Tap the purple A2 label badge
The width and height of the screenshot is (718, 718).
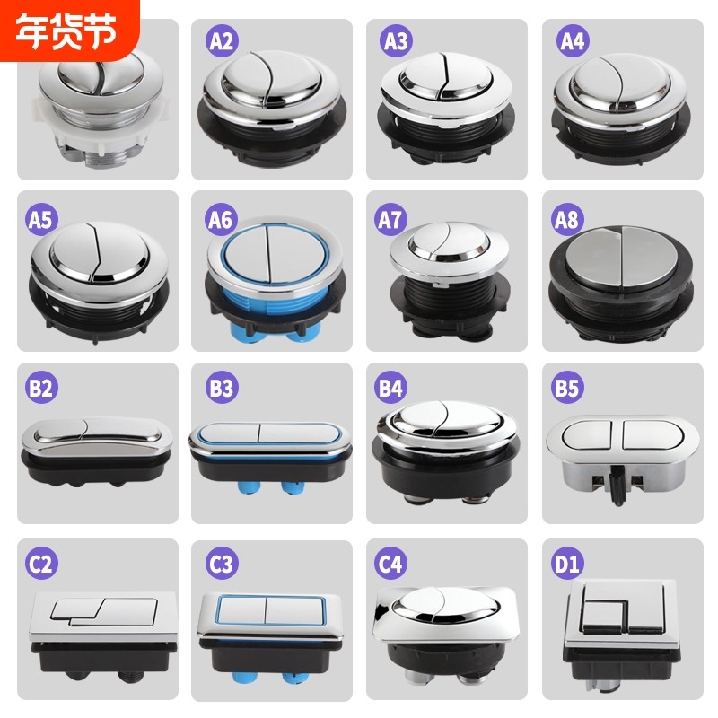coord(220,39)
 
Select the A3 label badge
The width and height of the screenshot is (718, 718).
coord(395,39)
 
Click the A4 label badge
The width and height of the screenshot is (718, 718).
coord(571,39)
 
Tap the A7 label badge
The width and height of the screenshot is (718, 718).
coord(395,215)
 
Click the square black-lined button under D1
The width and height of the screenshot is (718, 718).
coord(622,619)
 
